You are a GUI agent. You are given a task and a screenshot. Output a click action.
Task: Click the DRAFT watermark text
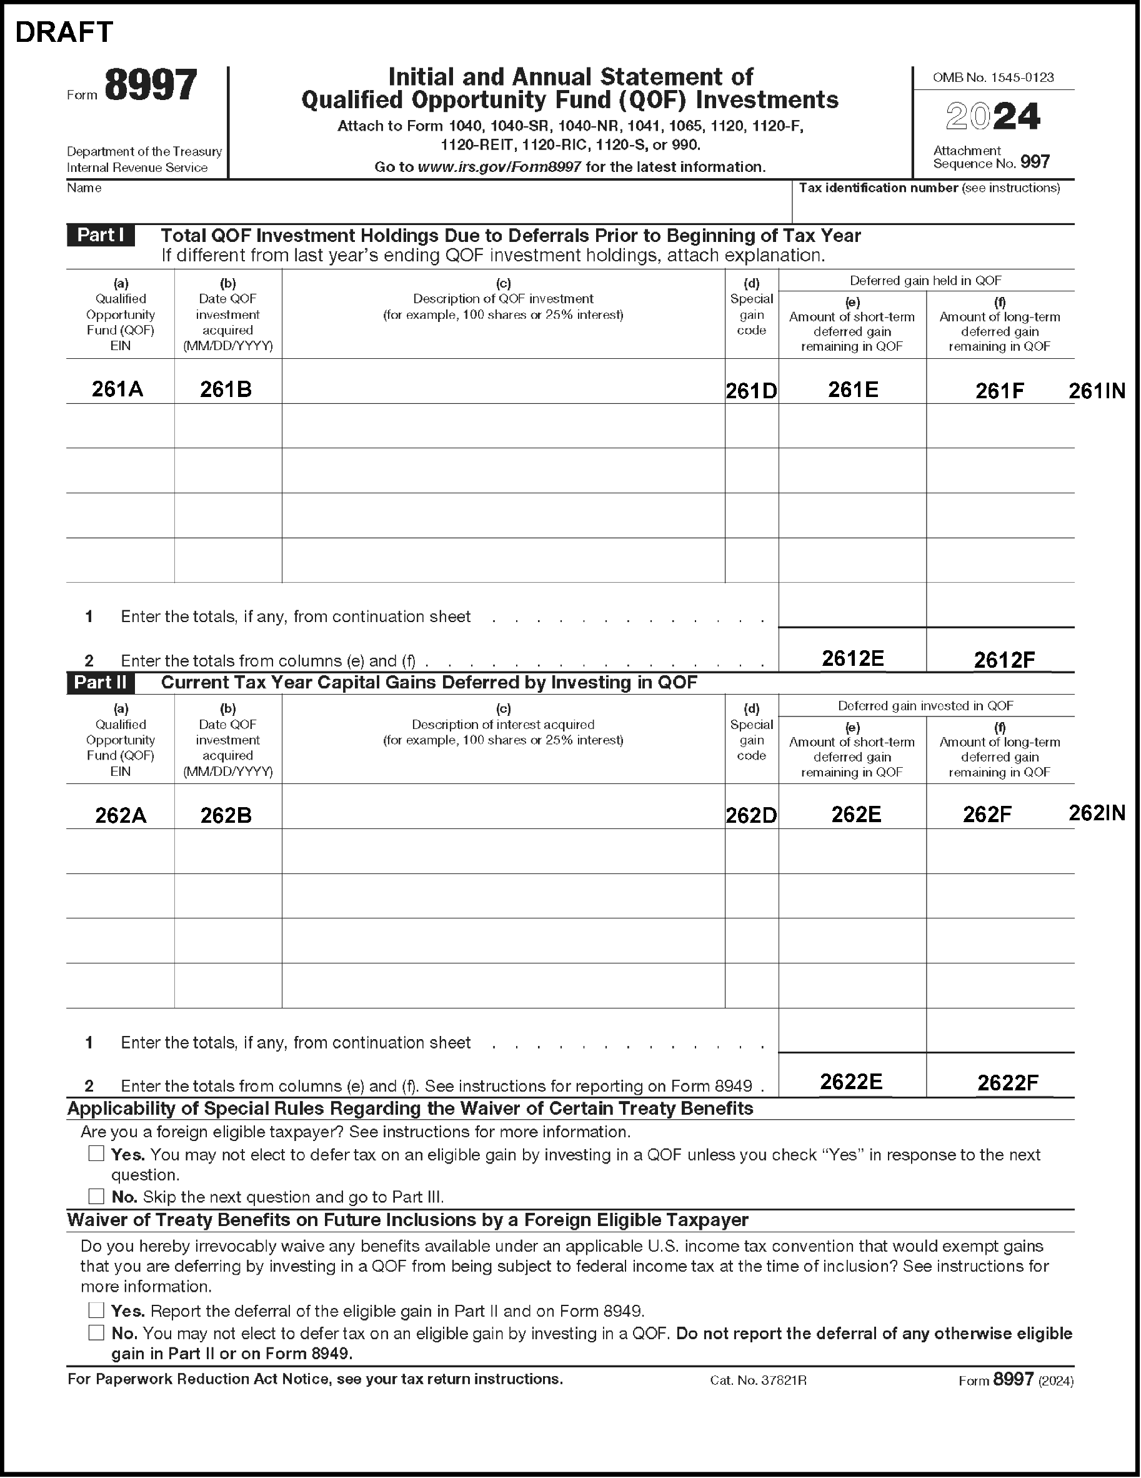click(64, 32)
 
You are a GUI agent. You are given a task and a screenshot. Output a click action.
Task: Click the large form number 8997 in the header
click(151, 86)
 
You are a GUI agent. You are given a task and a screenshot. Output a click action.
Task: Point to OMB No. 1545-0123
click(993, 78)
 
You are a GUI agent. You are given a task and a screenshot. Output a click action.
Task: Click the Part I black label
click(100, 235)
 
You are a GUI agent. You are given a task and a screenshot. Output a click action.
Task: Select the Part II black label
click(100, 682)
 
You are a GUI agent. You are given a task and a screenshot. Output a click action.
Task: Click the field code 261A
click(117, 389)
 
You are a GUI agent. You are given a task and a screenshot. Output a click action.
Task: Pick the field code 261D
click(750, 391)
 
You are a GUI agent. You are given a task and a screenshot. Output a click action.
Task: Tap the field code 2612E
click(852, 658)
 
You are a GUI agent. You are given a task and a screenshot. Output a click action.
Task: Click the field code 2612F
click(1004, 660)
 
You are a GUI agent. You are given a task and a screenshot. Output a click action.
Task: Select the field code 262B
click(226, 815)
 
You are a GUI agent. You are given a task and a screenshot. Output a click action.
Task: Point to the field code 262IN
click(1097, 813)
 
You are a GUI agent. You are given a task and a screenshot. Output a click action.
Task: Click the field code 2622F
click(1008, 1083)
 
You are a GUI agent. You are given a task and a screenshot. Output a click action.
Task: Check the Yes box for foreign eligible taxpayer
click(96, 1153)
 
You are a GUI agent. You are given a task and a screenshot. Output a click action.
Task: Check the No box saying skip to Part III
click(96, 1196)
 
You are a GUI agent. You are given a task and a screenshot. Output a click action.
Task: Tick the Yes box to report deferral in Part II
click(96, 1310)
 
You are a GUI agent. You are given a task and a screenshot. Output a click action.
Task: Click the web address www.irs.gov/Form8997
click(499, 167)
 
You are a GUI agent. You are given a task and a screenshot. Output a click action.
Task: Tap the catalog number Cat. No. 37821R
click(758, 1380)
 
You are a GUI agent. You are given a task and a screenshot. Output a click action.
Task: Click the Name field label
click(84, 188)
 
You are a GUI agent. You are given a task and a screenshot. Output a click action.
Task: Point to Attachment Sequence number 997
click(1035, 163)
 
